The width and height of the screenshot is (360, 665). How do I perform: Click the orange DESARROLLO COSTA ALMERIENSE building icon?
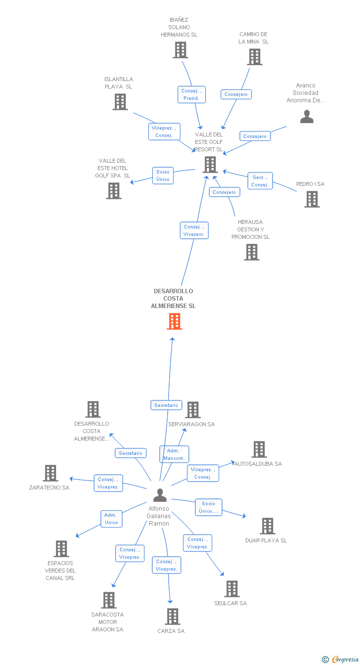pos(175,321)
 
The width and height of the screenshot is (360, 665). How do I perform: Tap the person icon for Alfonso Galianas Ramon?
pos(160,495)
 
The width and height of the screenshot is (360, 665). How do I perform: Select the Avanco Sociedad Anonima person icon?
pos(307,116)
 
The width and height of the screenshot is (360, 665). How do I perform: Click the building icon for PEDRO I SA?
pos(312,199)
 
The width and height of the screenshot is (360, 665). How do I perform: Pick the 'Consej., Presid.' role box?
pos(191,94)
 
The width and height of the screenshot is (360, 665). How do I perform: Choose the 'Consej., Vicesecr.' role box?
pos(194,230)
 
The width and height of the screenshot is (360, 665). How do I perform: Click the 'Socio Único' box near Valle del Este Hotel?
pos(163,176)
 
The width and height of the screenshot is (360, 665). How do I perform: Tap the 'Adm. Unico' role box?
pos(111,519)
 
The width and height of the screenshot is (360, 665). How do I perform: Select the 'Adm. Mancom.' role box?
pos(174,454)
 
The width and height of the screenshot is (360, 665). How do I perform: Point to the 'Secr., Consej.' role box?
pos(260,181)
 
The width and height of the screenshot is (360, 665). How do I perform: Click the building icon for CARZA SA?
pos(173,617)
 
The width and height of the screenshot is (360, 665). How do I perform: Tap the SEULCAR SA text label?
pos(230,603)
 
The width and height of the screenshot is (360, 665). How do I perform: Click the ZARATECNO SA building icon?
pos(50,473)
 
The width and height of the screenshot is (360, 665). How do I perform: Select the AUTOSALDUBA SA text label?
pos(258,464)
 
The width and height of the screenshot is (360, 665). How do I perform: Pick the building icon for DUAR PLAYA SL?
pos(268,526)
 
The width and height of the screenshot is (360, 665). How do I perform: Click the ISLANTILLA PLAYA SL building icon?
pos(120,102)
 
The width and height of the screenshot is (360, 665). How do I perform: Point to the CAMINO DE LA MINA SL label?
pos(253,38)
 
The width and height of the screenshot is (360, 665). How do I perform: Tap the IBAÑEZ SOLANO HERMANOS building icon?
pos(180,50)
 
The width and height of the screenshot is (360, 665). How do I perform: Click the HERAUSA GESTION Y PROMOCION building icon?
pos(252,252)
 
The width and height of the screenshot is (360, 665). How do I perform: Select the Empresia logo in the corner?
pos(340,660)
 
